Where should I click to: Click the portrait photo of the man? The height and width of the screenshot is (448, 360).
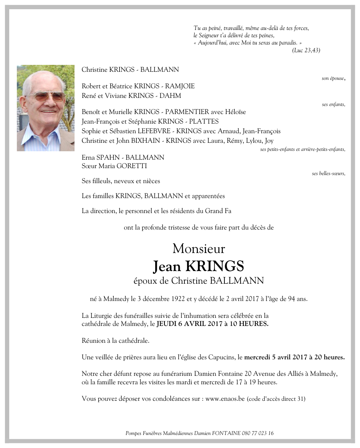pyautogui.click(x=46, y=108)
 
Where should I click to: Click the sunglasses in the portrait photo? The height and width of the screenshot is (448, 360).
pyautogui.click(x=46, y=96)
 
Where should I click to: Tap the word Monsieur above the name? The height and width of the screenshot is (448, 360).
pyautogui.click(x=199, y=249)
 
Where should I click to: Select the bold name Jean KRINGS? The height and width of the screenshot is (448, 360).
pyautogui.click(x=199, y=266)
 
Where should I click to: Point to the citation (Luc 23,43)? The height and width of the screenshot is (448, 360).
pyautogui.click(x=306, y=50)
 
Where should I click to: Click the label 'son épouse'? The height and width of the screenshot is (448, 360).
pyautogui.click(x=333, y=78)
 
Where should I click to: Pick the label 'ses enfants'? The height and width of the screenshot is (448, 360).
pyautogui.click(x=333, y=104)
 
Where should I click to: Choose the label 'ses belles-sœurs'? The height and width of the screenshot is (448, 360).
pyautogui.click(x=328, y=174)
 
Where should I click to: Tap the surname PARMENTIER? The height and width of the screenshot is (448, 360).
pyautogui.click(x=188, y=112)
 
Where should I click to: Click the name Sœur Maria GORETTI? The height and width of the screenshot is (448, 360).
pyautogui.click(x=114, y=166)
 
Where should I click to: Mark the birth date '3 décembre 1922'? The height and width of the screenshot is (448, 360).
pyautogui.click(x=147, y=299)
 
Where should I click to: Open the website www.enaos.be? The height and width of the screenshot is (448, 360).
pyautogui.click(x=225, y=399)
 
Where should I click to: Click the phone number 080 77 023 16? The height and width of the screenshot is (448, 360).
pyautogui.click(x=258, y=433)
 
